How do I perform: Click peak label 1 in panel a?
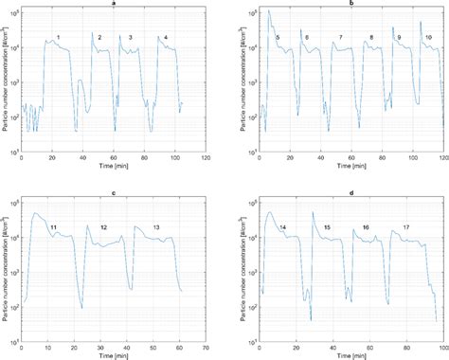click(x=59, y=37)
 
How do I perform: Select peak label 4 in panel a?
click(x=166, y=38)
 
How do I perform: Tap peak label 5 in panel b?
click(x=277, y=37)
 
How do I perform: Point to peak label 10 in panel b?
click(x=428, y=37)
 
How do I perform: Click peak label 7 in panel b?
click(x=341, y=37)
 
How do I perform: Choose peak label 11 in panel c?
click(x=53, y=227)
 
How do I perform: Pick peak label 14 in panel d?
click(x=282, y=227)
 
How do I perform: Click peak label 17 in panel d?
click(x=405, y=227)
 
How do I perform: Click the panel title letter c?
click(x=114, y=194)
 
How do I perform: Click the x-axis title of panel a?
click(x=114, y=169)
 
